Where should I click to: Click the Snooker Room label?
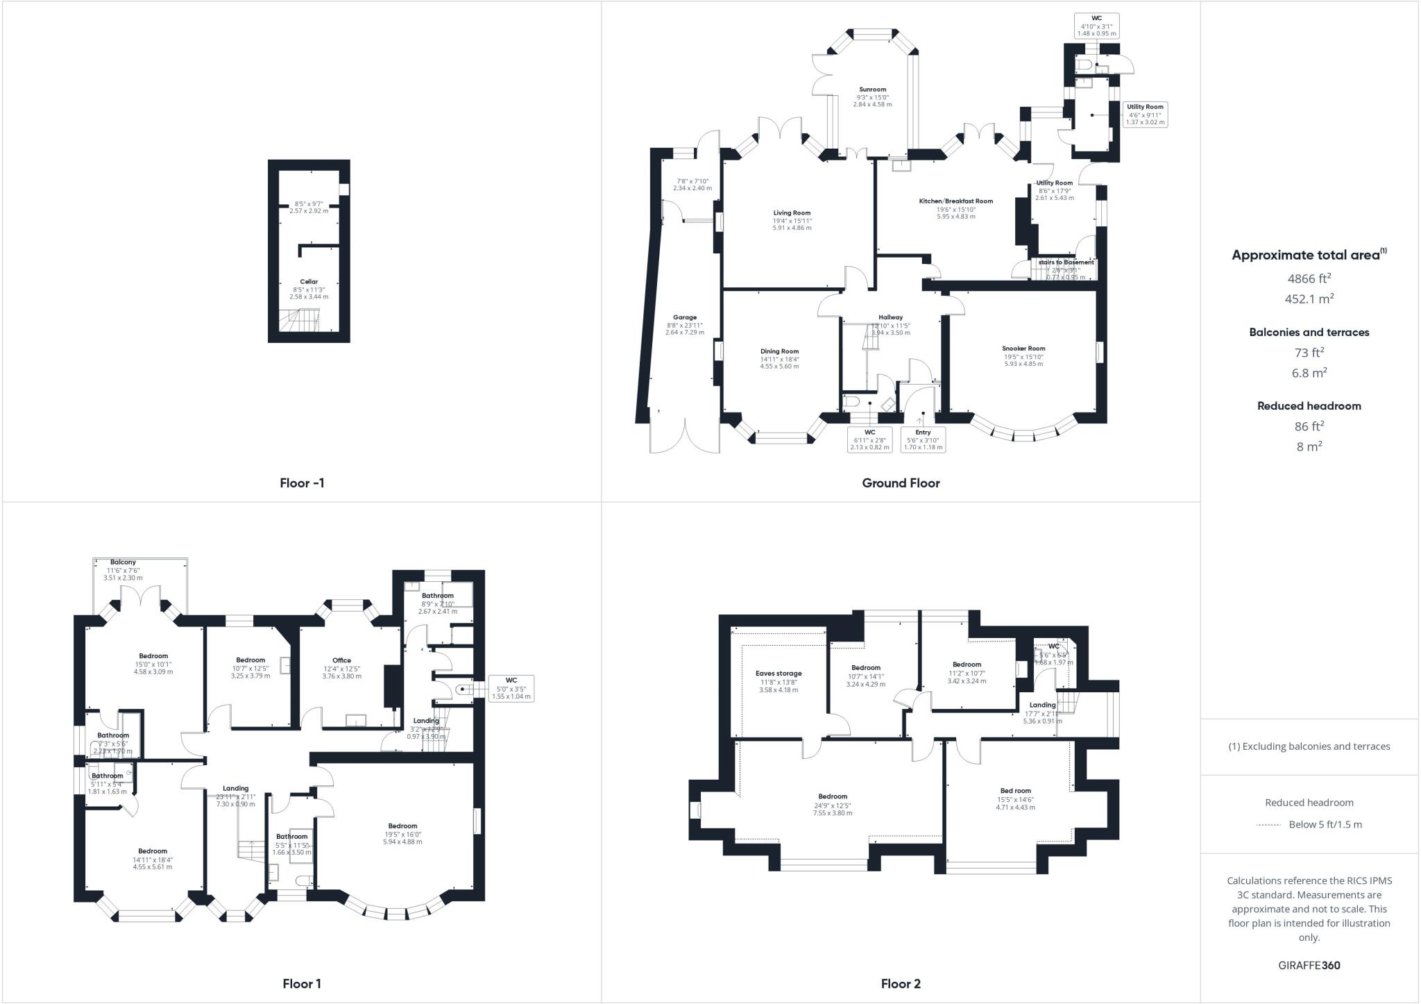click(1023, 349)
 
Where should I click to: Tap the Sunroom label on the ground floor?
click(872, 90)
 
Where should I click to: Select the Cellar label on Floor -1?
click(309, 282)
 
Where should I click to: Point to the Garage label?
click(684, 317)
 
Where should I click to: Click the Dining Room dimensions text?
click(779, 362)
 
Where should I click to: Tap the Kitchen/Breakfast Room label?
click(955, 201)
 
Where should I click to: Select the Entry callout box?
click(922, 440)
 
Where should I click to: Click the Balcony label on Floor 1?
click(123, 562)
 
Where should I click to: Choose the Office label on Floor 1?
click(341, 660)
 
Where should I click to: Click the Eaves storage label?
click(778, 673)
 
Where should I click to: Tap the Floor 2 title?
click(900, 983)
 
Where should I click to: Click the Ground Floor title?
click(900, 483)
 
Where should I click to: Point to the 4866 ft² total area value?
click(1309, 278)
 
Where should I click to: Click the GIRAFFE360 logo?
click(1309, 965)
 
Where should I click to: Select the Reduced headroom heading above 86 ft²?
click(1309, 406)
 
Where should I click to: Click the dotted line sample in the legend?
click(1269, 825)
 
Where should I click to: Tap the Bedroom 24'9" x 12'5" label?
click(832, 796)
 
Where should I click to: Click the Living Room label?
click(792, 213)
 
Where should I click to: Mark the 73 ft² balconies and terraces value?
click(1309, 352)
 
